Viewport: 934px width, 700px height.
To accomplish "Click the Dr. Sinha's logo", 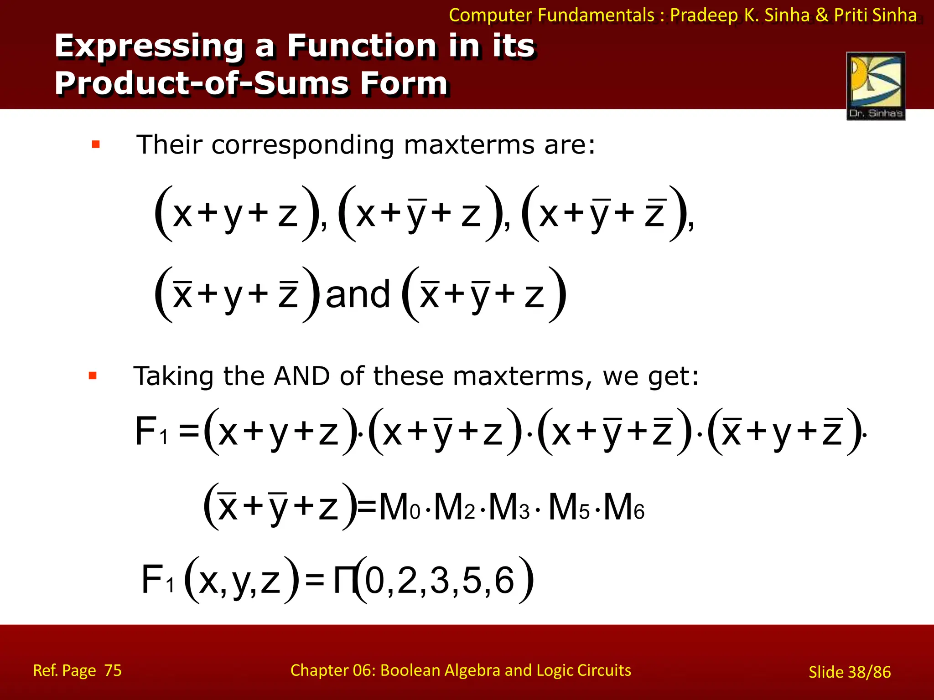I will [x=876, y=86].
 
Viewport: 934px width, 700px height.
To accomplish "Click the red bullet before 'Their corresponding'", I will [x=96, y=145].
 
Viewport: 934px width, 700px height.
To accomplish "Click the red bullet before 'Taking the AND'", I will [x=93, y=376].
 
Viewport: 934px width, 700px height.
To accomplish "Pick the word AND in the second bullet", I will [x=302, y=376].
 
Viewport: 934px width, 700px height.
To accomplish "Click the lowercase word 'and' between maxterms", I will [x=358, y=294].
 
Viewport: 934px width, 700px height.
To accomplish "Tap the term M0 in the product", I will [x=399, y=507].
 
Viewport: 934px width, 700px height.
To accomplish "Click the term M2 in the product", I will [x=454, y=507].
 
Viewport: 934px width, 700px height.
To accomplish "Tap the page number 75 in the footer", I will [x=113, y=670].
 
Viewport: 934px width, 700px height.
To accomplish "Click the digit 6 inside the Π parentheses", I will [x=504, y=581].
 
